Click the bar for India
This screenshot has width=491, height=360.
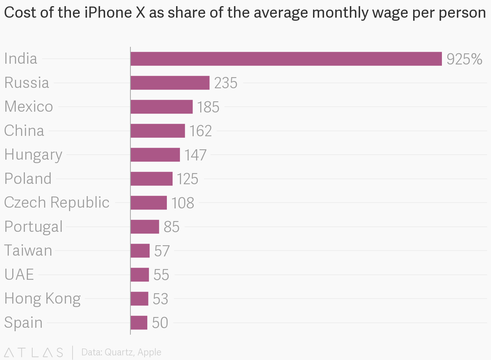click(286, 59)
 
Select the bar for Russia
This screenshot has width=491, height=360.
click(170, 83)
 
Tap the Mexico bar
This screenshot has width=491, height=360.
click(161, 107)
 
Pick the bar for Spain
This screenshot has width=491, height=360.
click(139, 323)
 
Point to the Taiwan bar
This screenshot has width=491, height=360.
click(140, 251)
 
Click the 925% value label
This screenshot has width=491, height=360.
click(464, 59)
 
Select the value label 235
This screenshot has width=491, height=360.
click(226, 83)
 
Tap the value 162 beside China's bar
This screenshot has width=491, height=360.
click(200, 131)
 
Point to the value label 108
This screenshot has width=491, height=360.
click(183, 203)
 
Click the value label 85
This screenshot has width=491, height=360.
click(171, 227)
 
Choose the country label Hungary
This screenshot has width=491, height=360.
click(33, 155)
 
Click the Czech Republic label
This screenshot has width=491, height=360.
click(57, 203)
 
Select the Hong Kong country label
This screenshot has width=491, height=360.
click(43, 299)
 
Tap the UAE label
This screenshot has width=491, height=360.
click(19, 274)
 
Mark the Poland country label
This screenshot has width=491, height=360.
click(28, 179)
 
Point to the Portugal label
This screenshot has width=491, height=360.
click(33, 227)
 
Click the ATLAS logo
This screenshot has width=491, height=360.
click(34, 352)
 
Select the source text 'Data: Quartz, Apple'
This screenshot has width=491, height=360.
click(121, 352)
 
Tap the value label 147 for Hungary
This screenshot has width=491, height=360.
click(195, 155)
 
